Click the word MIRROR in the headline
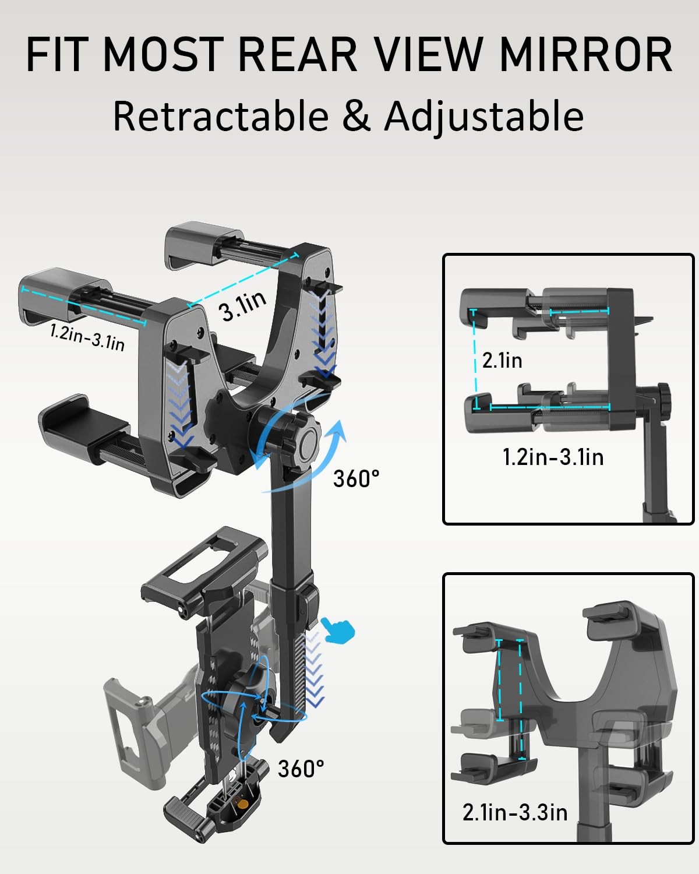coord(585,54)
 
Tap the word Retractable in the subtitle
coord(221,116)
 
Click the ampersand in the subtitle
coord(356,116)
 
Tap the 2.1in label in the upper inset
coord(502,360)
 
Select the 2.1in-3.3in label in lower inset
coord(515,812)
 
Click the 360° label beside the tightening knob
coord(356,478)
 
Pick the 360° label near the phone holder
coord(301,769)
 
